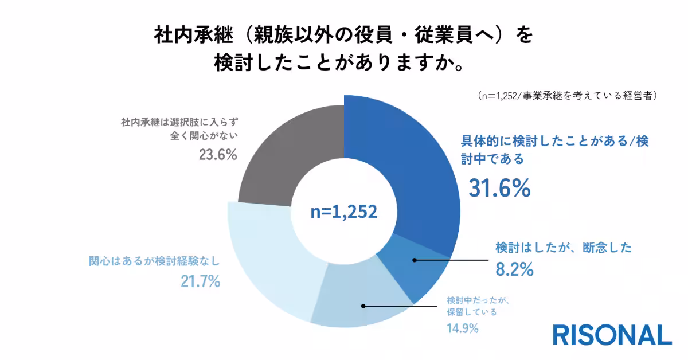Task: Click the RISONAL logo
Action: point(612,335)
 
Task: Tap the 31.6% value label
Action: point(500,188)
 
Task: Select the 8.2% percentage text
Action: point(514,268)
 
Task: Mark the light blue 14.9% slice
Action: point(355,298)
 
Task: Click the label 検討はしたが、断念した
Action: point(563,248)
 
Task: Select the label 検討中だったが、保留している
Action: point(475,306)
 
